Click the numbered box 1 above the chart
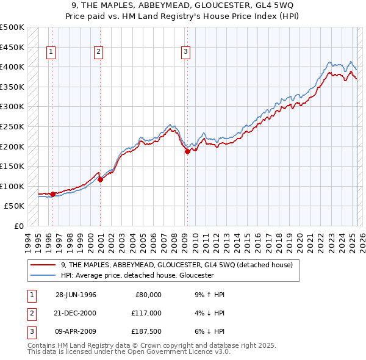click(x=51, y=52)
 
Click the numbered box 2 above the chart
click(x=98, y=52)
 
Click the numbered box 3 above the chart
click(x=185, y=52)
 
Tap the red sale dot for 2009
click(x=187, y=152)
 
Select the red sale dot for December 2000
click(x=101, y=179)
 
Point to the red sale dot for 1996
click(x=53, y=194)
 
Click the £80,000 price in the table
click(x=148, y=295)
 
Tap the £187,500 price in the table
click(x=145, y=331)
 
